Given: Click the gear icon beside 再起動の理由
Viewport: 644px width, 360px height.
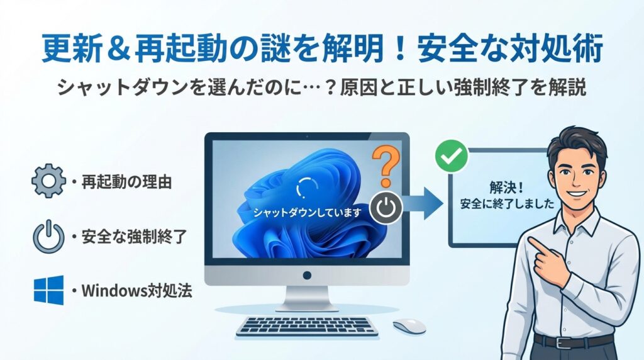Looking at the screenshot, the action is point(48,181).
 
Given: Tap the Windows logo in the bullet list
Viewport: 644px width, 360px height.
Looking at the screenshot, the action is point(48,290).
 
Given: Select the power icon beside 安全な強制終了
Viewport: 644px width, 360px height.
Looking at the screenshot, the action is point(48,236).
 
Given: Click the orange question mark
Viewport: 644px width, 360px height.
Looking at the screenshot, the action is point(386,167).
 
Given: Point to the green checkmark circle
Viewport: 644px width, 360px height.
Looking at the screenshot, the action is point(452,156).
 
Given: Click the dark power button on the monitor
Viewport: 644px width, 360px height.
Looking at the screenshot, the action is point(386,208).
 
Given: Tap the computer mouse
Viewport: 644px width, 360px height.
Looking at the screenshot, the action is point(409,326).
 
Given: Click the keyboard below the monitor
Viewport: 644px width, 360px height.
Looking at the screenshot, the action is point(307,326).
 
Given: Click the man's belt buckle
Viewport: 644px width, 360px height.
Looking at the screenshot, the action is point(562,342).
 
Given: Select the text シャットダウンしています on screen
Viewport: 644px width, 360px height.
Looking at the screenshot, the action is point(307,213).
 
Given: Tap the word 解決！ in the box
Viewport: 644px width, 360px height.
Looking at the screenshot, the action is point(507,188).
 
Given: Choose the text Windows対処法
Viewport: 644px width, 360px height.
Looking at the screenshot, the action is point(136,291).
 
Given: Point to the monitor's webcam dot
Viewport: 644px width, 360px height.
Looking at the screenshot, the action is point(307,136).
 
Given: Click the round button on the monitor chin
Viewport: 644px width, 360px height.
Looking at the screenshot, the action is point(307,275).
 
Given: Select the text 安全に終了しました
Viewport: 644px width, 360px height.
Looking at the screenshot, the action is point(508,203).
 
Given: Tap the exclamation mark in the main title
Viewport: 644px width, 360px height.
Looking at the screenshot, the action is point(401,48).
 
